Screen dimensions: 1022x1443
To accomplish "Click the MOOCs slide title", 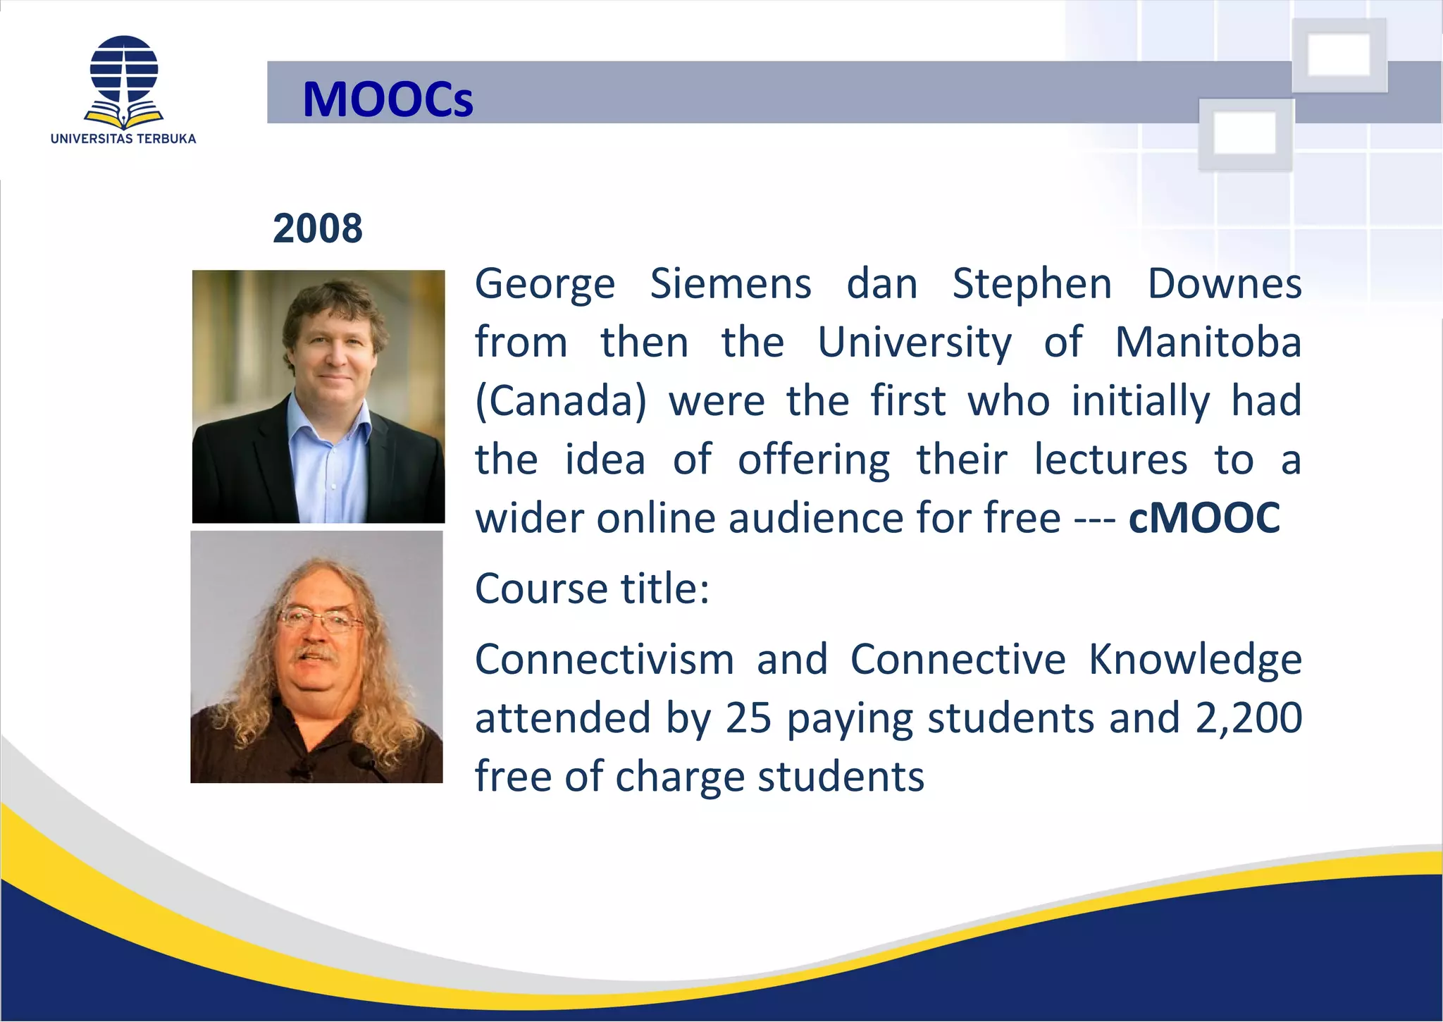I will pyautogui.click(x=388, y=99).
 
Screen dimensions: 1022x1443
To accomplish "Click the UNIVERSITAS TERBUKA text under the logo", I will pyautogui.click(x=123, y=139).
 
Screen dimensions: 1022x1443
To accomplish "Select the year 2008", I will pyautogui.click(x=318, y=228).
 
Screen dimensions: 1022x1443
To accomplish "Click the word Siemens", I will pyautogui.click(x=731, y=284).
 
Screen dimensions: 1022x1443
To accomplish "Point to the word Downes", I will pyautogui.click(x=1225, y=284).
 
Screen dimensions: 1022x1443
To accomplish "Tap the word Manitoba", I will pyautogui.click(x=1208, y=343).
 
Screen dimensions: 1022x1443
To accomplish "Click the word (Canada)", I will pyautogui.click(x=561, y=401).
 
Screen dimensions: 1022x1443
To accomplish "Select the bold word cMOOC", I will pyautogui.click(x=1204, y=518).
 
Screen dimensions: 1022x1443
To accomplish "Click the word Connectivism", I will pyautogui.click(x=605, y=660).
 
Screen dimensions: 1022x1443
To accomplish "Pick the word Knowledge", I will pyautogui.click(x=1195, y=660).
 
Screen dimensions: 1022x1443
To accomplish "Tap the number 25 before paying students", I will pyautogui.click(x=748, y=718).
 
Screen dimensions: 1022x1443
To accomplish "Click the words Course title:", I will pyautogui.click(x=592, y=589).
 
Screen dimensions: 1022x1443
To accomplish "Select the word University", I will pyautogui.click(x=915, y=343).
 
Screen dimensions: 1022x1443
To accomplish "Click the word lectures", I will pyautogui.click(x=1110, y=460).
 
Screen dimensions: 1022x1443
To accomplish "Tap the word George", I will pyautogui.click(x=545, y=284).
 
